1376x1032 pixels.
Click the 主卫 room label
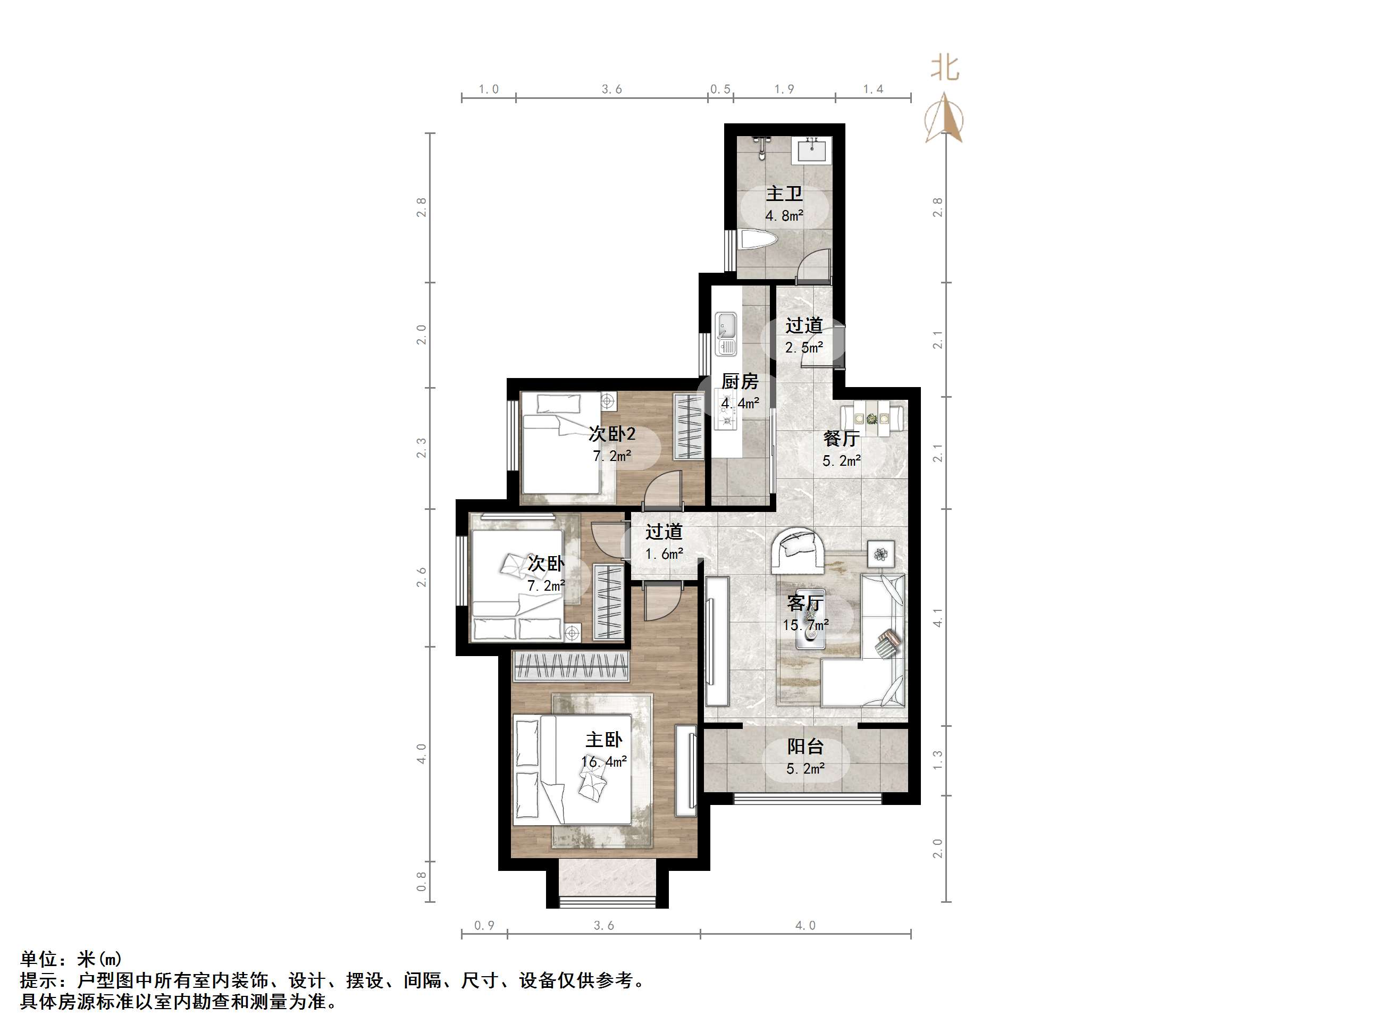tap(784, 194)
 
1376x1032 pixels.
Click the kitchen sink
tap(726, 333)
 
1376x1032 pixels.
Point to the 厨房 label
tap(740, 381)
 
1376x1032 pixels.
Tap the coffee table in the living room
tap(810, 619)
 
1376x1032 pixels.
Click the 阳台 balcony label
tap(806, 746)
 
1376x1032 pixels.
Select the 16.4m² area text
tap(604, 761)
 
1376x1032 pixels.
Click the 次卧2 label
tap(612, 433)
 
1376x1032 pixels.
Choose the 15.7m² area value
tap(806, 625)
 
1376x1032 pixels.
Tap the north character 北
tap(945, 68)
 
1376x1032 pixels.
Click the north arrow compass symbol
tap(944, 118)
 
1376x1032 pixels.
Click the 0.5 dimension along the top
tap(720, 89)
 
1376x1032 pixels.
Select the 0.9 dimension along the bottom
tap(484, 926)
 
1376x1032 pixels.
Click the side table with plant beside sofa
tap(882, 553)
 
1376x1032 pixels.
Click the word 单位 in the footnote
tap(39, 959)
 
